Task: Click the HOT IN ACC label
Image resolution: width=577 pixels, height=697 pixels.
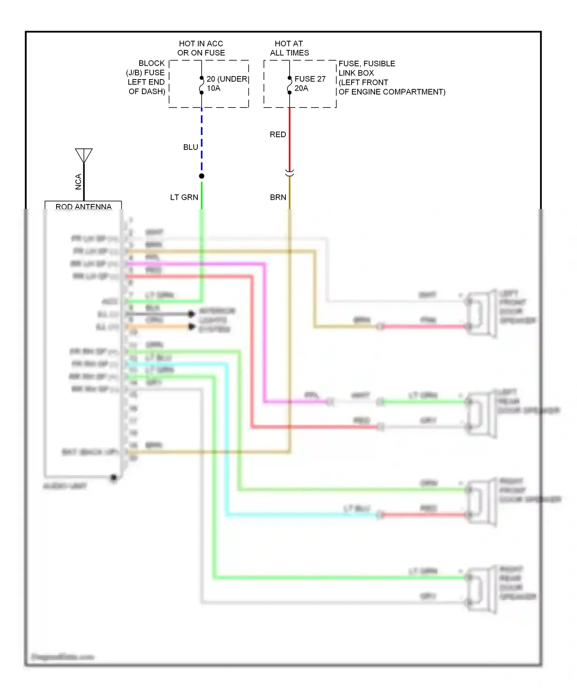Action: pos(201,43)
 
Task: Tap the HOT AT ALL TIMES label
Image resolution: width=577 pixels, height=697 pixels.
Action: pos(289,48)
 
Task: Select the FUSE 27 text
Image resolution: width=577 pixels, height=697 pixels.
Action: pos(310,79)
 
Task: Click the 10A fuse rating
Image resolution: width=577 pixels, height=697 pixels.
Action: pos(213,88)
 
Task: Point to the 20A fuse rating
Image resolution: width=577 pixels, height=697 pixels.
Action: pos(301,88)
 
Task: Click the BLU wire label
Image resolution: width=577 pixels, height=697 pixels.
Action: pos(190,147)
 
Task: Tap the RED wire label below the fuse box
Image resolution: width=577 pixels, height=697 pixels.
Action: pos(278,134)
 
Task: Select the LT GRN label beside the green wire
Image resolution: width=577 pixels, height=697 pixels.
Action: pos(184,197)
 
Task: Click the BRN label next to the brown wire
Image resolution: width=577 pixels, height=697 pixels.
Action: pos(278,197)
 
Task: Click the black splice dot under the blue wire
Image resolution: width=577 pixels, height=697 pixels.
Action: pos(202,176)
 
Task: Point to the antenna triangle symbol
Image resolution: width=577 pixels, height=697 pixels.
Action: pos(84,155)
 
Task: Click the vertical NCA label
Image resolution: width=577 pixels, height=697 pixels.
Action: pos(78,182)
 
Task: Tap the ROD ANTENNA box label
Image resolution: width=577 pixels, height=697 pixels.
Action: pos(83,206)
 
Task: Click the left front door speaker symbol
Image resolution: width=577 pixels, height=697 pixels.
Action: pos(481,314)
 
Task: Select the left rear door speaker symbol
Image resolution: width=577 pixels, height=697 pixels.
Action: pos(481,414)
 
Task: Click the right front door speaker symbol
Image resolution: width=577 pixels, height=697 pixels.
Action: pos(481,502)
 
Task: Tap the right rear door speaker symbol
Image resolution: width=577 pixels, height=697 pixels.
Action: pos(481,590)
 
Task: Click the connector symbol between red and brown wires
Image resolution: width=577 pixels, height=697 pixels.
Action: pos(290,173)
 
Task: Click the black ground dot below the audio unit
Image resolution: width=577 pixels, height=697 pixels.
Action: pos(113,478)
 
